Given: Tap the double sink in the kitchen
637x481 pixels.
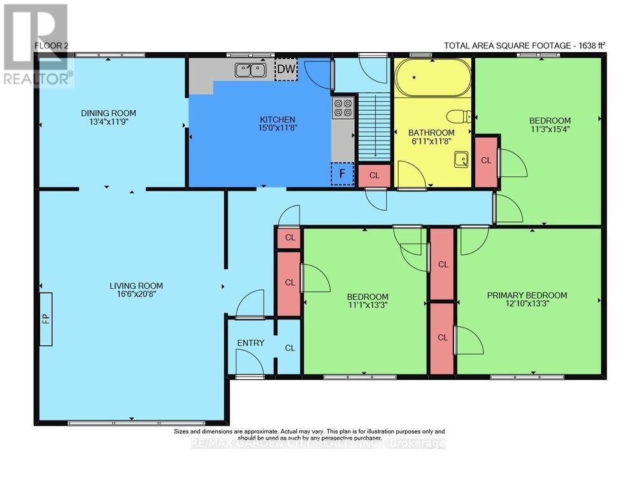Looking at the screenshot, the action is pyautogui.click(x=250, y=70).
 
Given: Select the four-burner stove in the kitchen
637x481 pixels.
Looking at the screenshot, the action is pyautogui.click(x=343, y=108).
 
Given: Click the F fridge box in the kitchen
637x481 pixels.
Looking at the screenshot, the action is pyautogui.click(x=342, y=173).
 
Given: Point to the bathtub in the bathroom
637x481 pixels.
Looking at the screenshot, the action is pyautogui.click(x=433, y=78).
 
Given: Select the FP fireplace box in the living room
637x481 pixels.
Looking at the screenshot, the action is pyautogui.click(x=46, y=319).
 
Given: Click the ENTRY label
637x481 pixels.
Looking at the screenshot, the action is pyautogui.click(x=250, y=343).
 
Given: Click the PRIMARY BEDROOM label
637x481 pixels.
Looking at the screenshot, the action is pyautogui.click(x=527, y=295).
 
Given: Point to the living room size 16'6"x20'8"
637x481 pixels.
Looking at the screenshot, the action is pyautogui.click(x=136, y=295).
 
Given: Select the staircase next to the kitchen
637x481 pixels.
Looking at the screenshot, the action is pyautogui.click(x=371, y=127).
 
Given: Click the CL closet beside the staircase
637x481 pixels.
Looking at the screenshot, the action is pyautogui.click(x=375, y=175).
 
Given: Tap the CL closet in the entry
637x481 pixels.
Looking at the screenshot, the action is pyautogui.click(x=290, y=348).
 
